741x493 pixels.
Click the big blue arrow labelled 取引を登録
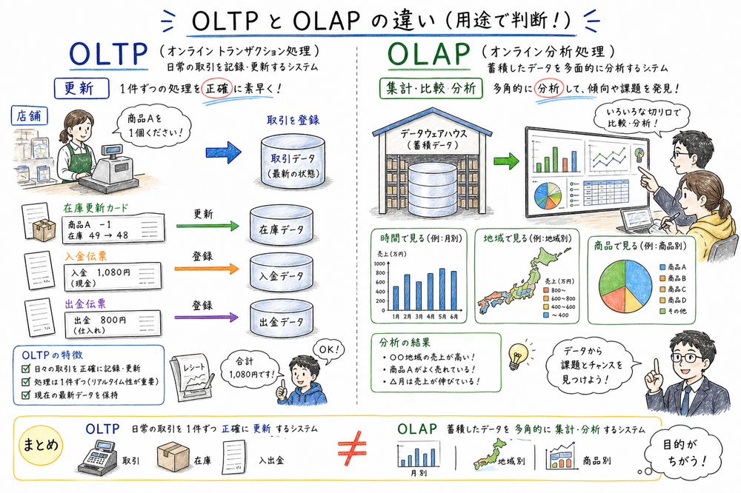[224, 152]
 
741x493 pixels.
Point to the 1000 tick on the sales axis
[379, 264]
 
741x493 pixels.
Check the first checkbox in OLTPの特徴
[25, 369]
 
